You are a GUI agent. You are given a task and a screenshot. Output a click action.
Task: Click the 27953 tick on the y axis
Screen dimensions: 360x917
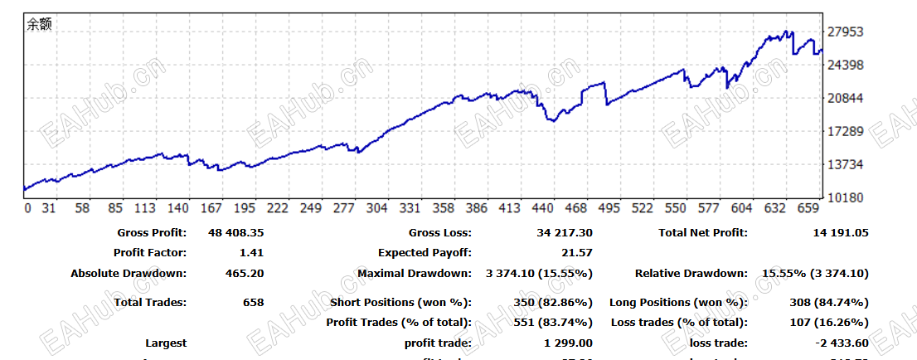[847, 32]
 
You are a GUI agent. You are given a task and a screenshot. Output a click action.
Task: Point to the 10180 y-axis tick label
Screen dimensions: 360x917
[847, 198]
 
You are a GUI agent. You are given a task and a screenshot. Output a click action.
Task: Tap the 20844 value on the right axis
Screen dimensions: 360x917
[847, 99]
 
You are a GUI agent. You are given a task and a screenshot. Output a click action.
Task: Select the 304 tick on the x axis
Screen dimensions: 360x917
[376, 208]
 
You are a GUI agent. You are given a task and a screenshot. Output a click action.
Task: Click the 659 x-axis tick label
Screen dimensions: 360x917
[808, 208]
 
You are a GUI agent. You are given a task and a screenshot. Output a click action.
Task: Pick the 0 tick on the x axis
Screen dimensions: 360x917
[27, 208]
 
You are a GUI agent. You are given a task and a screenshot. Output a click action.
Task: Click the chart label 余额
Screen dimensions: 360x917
[39, 25]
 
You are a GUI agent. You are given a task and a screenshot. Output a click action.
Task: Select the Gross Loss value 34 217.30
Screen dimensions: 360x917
[560, 233]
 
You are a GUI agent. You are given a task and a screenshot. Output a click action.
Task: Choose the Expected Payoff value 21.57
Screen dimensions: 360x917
[576, 253]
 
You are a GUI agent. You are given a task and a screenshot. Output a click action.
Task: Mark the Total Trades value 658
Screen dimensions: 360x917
[252, 303]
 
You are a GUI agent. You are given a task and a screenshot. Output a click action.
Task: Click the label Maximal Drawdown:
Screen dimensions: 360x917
[415, 273]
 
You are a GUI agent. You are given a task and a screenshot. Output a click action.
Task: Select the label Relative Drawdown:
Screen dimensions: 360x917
[691, 273]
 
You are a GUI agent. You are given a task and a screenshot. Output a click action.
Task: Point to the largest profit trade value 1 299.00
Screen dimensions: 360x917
[568, 343]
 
